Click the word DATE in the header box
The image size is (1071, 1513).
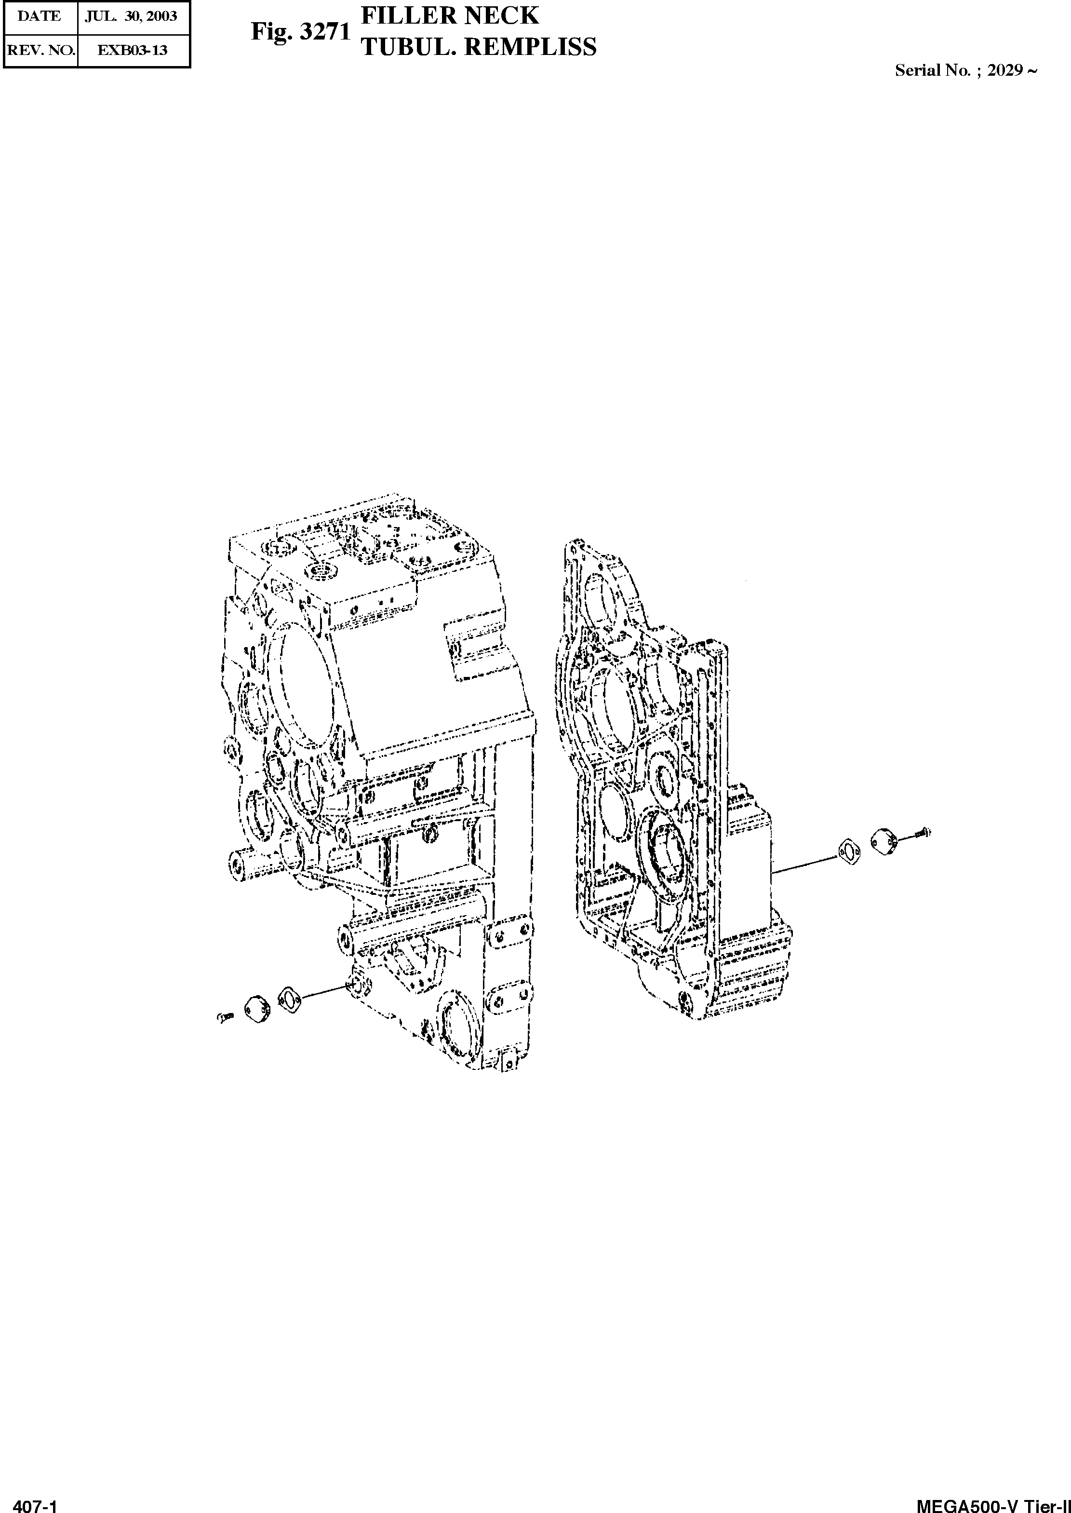click(39, 16)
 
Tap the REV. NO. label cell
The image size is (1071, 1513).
click(41, 50)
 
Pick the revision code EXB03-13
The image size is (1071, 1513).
click(133, 50)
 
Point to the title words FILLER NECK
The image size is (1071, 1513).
click(450, 14)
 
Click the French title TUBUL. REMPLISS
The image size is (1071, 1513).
click(478, 46)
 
